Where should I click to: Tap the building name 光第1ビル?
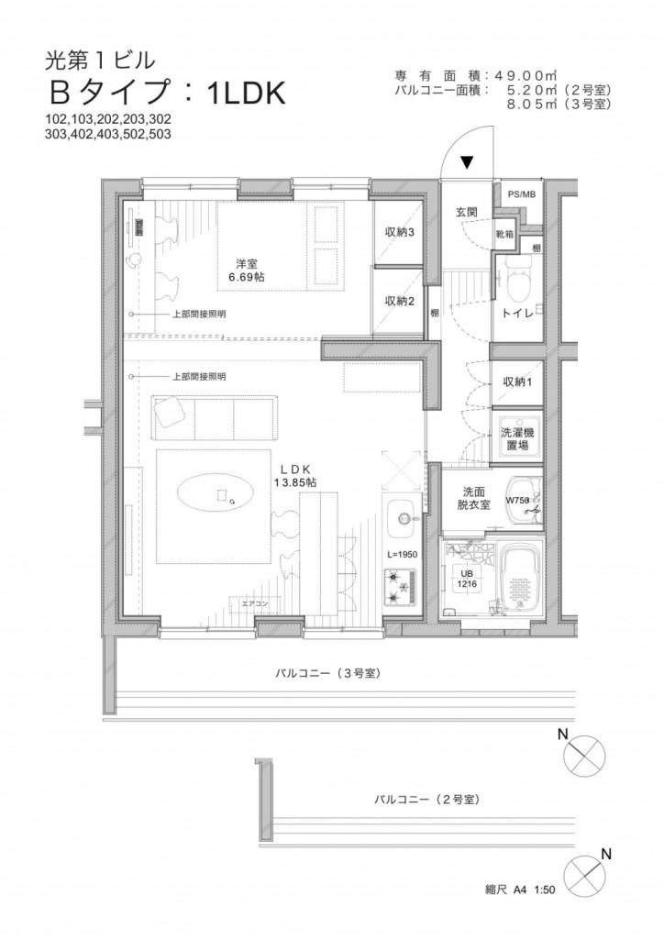coord(100,61)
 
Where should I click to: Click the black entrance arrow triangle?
coord(467,163)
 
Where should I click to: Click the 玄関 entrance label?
coord(467,213)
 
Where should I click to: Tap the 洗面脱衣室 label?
coord(473,497)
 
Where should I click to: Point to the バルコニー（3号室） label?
coord(327,674)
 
